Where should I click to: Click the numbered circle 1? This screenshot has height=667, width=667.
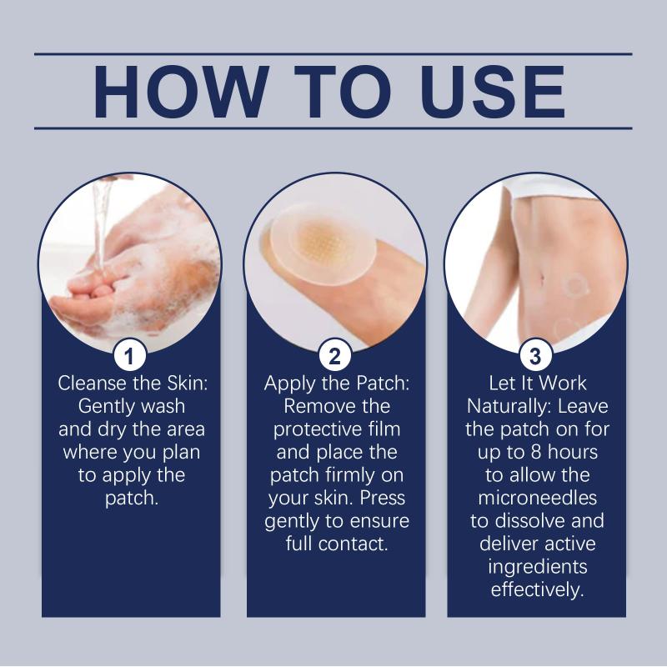click(130, 356)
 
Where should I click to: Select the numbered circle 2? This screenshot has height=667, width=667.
click(335, 356)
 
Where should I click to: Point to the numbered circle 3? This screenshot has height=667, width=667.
click(536, 356)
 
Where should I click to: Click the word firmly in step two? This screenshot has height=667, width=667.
click(349, 475)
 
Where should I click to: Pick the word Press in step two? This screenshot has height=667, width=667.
click(383, 498)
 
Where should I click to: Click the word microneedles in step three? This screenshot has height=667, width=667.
click(537, 498)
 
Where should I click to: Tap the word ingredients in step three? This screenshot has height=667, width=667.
click(537, 568)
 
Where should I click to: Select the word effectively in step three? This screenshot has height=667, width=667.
click(537, 590)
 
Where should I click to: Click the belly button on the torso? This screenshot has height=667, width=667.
click(543, 279)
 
